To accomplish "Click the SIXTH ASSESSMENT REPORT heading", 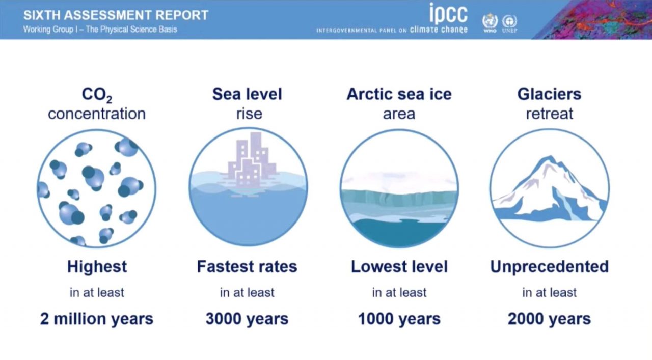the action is (x=116, y=15).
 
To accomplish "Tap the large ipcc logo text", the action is (x=449, y=14).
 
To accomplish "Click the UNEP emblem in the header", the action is (x=509, y=23).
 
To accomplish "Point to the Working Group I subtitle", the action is (x=100, y=30).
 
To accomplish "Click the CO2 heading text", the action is (x=97, y=95).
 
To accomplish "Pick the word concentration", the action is (x=97, y=114).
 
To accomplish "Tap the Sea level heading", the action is (x=247, y=94).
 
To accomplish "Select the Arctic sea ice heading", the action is (x=399, y=94).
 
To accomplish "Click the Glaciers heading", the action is (x=549, y=94).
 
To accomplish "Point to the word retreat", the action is (x=549, y=114).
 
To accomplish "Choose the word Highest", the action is (x=97, y=267).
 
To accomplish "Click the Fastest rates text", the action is (x=247, y=267).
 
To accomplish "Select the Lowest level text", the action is (x=399, y=267).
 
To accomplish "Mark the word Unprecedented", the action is (x=549, y=267).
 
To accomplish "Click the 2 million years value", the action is (x=97, y=319).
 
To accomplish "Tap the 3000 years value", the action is (x=247, y=319).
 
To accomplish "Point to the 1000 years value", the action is (x=399, y=319).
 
